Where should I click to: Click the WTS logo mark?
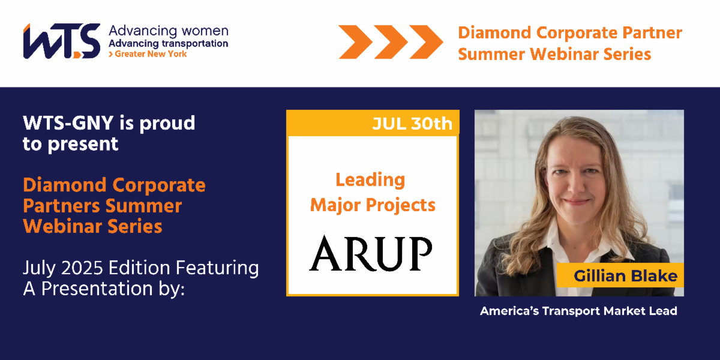click(61, 41)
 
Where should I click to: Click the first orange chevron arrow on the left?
click(353, 41)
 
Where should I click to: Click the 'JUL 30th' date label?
click(412, 124)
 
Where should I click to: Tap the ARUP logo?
click(371, 253)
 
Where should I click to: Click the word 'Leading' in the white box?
click(370, 179)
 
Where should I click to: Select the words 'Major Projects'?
click(373, 205)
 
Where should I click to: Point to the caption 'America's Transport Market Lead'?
click(578, 311)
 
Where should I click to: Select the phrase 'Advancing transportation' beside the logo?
click(168, 43)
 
